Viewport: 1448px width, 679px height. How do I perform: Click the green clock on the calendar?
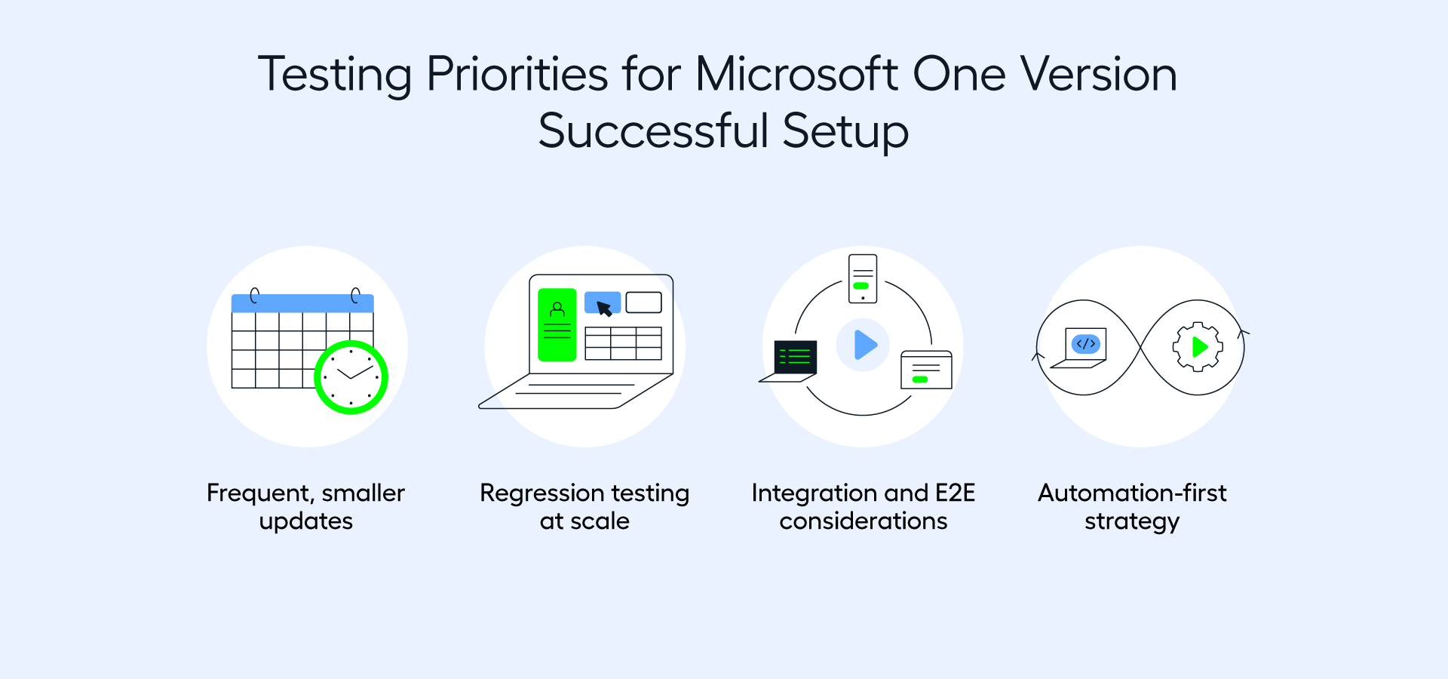click(x=351, y=377)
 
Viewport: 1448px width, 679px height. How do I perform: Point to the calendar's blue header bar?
click(x=302, y=303)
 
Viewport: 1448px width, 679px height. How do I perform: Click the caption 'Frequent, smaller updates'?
click(x=305, y=506)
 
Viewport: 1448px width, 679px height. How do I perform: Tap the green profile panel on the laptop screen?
click(x=557, y=324)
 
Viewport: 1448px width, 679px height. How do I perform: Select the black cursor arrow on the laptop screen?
click(x=604, y=308)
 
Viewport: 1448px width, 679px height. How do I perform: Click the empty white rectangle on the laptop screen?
click(x=643, y=303)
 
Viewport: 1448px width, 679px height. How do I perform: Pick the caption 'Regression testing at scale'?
click(x=584, y=506)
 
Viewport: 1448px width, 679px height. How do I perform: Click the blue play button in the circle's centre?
click(x=864, y=345)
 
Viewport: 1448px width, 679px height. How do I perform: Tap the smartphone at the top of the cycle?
click(x=863, y=278)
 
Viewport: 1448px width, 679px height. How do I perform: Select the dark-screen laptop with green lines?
click(x=793, y=358)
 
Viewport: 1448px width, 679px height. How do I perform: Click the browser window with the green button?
click(x=926, y=370)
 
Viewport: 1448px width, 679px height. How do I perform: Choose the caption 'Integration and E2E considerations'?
click(x=863, y=506)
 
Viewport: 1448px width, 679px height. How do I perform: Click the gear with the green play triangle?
click(x=1198, y=346)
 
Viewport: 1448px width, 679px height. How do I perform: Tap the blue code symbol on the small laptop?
click(x=1086, y=344)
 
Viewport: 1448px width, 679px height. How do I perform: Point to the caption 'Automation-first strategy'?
click(x=1131, y=506)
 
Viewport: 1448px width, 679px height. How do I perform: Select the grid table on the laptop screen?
click(x=623, y=343)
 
